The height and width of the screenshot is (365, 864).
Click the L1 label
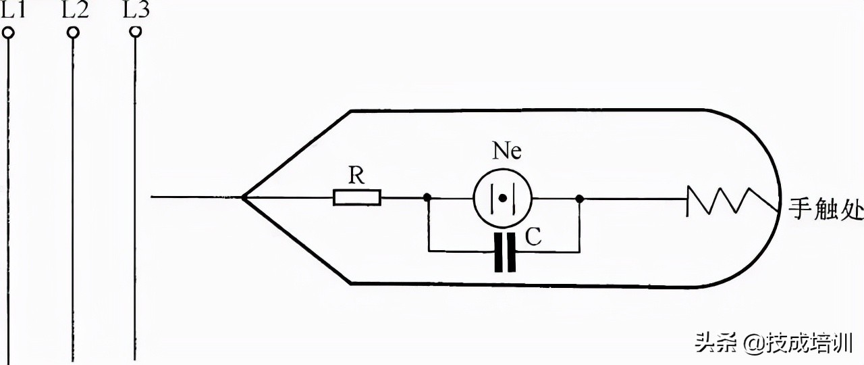[x=13, y=9]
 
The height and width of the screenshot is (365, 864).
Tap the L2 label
[x=75, y=9]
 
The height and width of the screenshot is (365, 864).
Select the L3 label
[x=136, y=9]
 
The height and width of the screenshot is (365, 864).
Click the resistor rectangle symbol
[x=357, y=197]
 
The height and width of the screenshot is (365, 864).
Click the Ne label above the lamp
[x=507, y=151]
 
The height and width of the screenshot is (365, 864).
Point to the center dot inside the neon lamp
[x=502, y=198]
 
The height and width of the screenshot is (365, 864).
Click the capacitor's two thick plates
[x=505, y=253]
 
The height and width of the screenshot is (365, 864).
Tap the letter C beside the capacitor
[x=533, y=237]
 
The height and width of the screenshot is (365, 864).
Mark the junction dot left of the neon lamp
[x=427, y=198]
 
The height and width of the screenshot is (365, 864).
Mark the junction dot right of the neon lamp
[x=579, y=199]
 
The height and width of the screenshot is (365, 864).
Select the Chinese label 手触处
[x=826, y=210]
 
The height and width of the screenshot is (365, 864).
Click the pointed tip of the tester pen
[x=242, y=197]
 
